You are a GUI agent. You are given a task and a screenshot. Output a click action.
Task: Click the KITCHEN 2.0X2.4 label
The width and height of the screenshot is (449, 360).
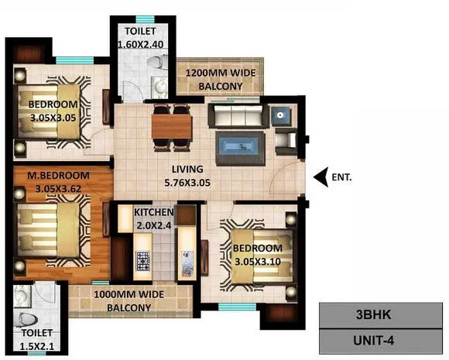coord(153,218)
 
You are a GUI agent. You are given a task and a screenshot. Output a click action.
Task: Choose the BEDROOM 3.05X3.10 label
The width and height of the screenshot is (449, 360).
coord(258,255)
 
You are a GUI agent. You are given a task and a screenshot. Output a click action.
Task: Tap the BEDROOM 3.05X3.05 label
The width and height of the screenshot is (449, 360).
coord(53,111)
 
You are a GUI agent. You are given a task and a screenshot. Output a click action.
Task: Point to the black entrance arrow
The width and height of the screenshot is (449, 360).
coord(320,177)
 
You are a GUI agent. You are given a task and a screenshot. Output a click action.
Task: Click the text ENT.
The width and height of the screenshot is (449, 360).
coord(341,177)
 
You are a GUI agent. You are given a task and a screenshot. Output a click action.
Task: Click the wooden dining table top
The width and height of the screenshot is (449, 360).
coord(171,125)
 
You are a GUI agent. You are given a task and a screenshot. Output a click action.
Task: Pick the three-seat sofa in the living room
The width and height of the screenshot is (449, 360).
coord(235,117)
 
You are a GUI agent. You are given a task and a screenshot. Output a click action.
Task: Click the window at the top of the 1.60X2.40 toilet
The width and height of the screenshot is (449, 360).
coord(142,17)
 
